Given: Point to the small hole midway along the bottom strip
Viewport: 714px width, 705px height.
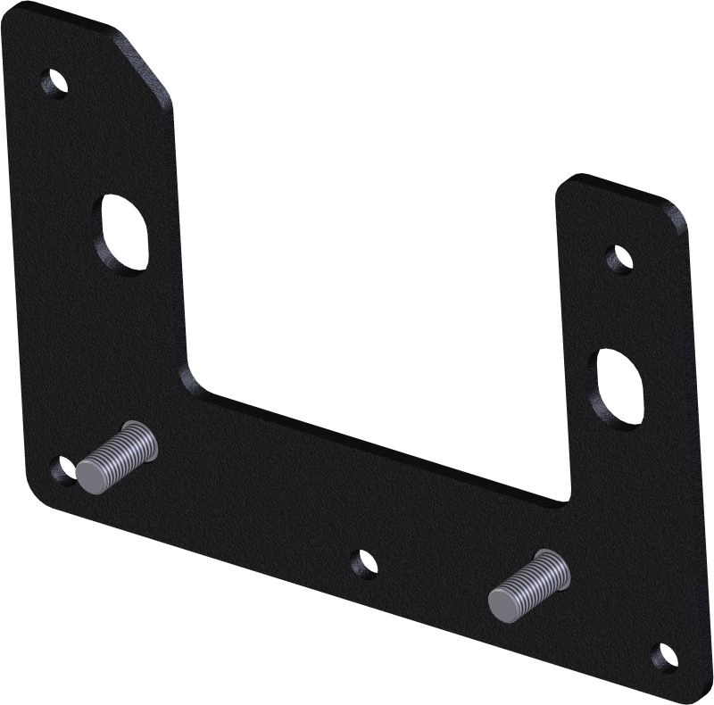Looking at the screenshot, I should [362, 563].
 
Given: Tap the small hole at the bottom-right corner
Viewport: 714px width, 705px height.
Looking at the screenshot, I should [663, 657].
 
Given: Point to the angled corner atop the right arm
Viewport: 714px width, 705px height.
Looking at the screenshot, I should [679, 214].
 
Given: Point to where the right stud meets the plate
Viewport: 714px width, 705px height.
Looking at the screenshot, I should [558, 565].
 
